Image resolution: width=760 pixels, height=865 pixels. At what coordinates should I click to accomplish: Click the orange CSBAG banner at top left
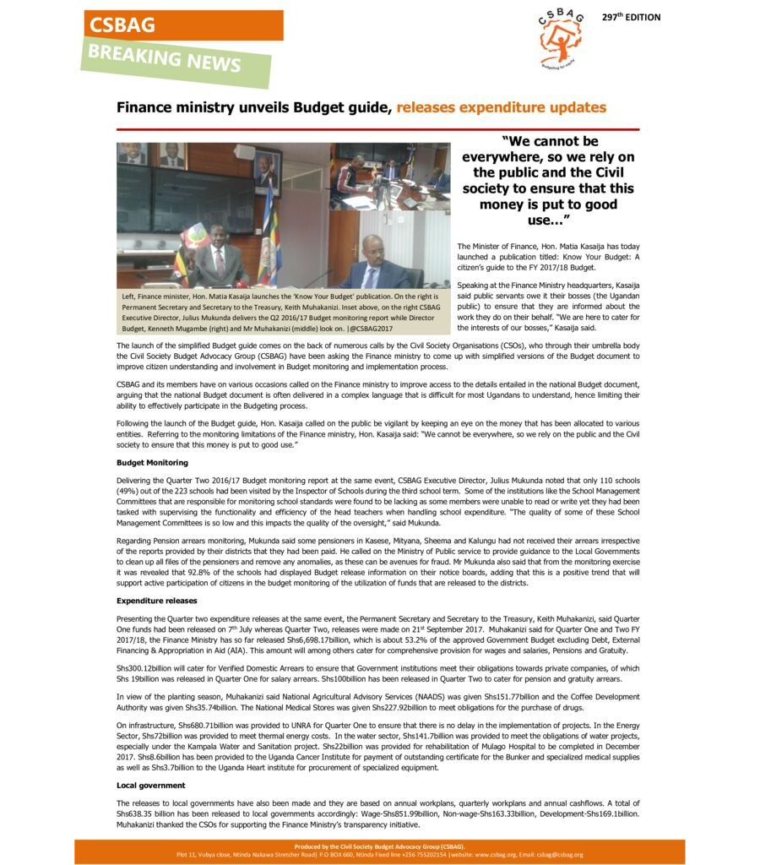(x=182, y=25)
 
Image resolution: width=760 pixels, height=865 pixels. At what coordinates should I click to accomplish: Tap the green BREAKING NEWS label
(x=176, y=61)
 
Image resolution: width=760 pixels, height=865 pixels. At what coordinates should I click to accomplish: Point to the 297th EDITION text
(x=631, y=18)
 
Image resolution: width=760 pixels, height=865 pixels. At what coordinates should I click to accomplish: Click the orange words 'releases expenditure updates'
(x=501, y=108)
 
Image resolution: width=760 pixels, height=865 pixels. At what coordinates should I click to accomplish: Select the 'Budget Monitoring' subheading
(x=152, y=463)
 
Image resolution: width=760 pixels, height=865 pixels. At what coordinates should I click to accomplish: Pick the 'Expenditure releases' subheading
(x=156, y=601)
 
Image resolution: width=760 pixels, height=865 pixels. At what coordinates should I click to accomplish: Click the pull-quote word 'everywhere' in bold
(x=502, y=157)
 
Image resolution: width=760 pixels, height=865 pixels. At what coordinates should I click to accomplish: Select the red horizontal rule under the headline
(x=377, y=129)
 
